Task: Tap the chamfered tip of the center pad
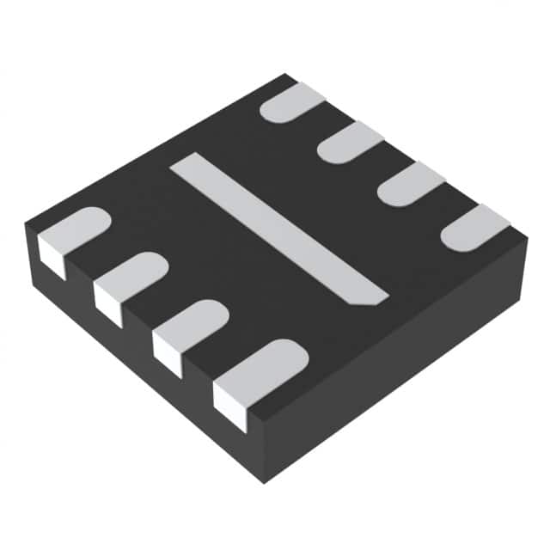tap(375, 298)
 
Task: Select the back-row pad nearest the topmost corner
tap(293, 102)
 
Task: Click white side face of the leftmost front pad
tap(52, 258)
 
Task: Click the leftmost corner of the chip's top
tap(26, 222)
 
